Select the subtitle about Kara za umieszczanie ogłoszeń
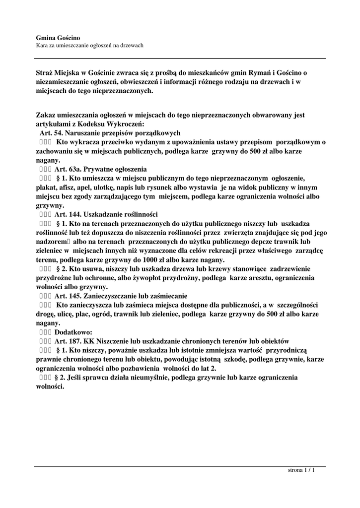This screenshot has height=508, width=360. [90, 46]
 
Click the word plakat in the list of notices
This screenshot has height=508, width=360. [46, 188]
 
